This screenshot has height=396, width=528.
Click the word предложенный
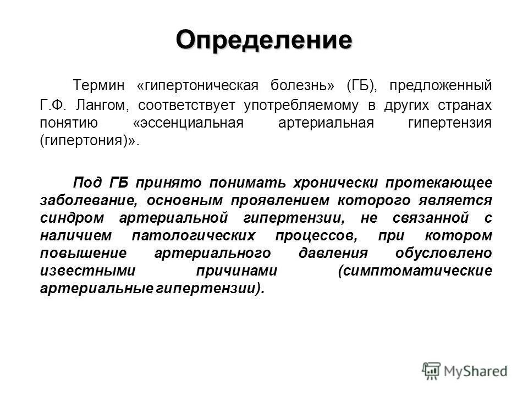pyautogui.click(x=441, y=87)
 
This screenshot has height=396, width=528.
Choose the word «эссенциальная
pyautogui.click(x=188, y=122)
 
